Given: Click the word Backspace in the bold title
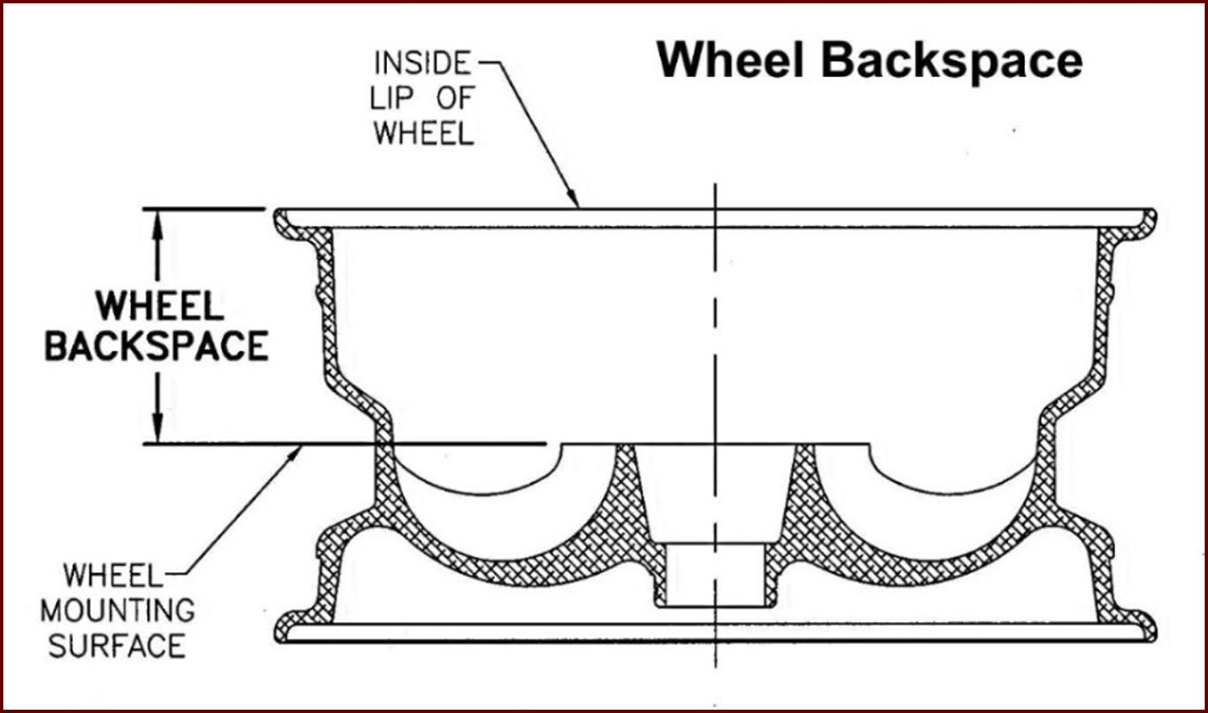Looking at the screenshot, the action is [952, 63].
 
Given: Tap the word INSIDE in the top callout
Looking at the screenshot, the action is [423, 63].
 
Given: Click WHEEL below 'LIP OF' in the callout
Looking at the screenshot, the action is [424, 132].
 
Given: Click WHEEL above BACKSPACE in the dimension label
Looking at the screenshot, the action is [159, 305].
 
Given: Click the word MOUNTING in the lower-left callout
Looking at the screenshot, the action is [117, 610].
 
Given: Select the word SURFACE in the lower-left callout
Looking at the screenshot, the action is [117, 645].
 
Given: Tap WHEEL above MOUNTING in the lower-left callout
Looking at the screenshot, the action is [113, 575].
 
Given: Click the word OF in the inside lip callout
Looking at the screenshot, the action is [456, 98].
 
